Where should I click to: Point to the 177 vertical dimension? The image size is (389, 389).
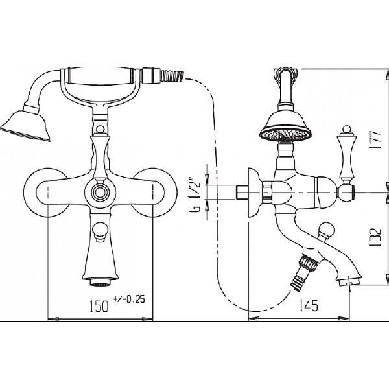coord(375,139)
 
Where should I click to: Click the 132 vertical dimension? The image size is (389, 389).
coord(375,237)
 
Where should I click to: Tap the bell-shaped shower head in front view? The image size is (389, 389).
coord(25,124)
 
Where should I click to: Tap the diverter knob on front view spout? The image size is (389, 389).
coord(100,232)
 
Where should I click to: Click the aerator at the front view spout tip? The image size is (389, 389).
coord(100,282)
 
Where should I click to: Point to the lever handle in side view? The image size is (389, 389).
coord(345,161)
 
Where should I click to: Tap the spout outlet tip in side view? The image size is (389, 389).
coord(349,281)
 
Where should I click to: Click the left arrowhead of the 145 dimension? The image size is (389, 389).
coord(253,318)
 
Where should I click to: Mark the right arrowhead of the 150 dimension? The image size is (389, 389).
coord(147,318)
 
